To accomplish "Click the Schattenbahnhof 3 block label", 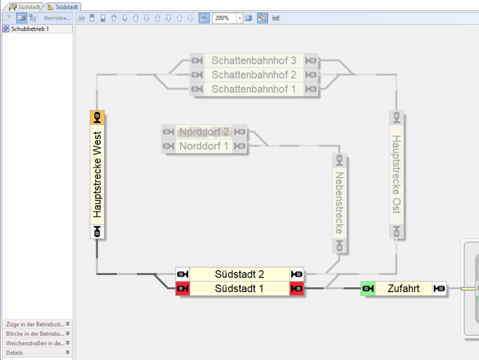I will (x=253, y=61).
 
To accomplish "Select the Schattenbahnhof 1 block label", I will (x=253, y=89).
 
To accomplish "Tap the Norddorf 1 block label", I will (x=203, y=146).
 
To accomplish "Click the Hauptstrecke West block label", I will (x=97, y=174).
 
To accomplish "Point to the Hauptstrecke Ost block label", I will (x=397, y=174).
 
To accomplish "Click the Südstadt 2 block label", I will (x=239, y=274).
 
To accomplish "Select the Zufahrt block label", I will (x=405, y=289).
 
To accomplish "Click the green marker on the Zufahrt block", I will (x=368, y=289).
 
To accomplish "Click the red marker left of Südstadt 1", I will (x=182, y=289).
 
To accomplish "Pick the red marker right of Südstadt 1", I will (x=297, y=289).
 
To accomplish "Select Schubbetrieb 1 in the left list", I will (x=30, y=29).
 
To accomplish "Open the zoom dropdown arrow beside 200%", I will (x=239, y=18).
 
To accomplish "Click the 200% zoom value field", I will (x=224, y=18).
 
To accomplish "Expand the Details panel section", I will (x=37, y=352).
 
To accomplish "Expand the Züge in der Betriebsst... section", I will (x=37, y=324).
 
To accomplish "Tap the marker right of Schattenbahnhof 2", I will (x=310, y=75).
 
